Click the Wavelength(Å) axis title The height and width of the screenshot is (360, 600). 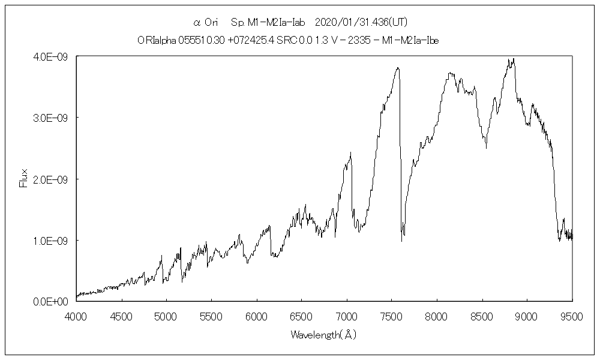pos(323,335)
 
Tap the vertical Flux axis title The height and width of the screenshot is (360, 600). pos(24,179)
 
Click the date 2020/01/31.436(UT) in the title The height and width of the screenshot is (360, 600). pos(357,23)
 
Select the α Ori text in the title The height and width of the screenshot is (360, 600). pos(206,23)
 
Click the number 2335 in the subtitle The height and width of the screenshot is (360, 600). pos(362,40)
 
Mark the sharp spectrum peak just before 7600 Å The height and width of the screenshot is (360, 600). pos(397,68)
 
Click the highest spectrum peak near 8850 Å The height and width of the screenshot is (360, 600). pos(514,59)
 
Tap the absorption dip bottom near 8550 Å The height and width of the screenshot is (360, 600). pos(486,148)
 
